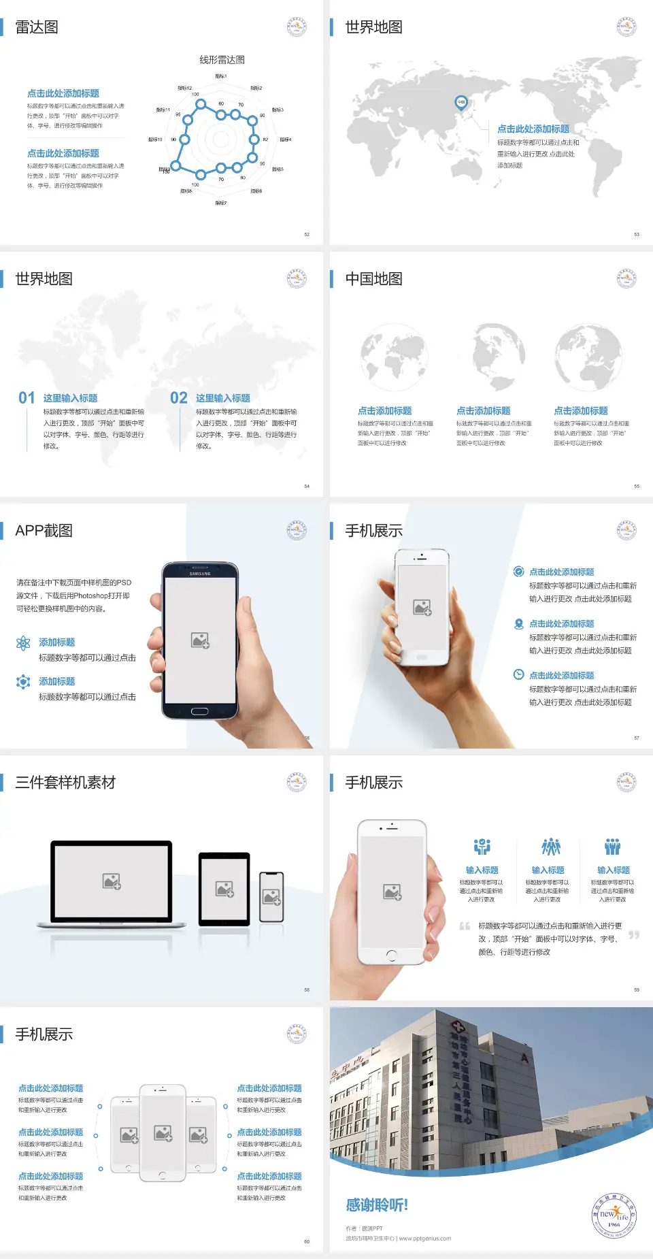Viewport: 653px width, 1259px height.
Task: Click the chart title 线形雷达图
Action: (x=222, y=60)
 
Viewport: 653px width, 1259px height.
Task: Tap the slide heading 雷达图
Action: (x=37, y=27)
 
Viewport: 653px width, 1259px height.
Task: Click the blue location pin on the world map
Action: (x=461, y=103)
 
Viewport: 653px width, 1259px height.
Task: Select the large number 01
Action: (x=27, y=398)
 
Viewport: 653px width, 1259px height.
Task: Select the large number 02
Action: (x=179, y=398)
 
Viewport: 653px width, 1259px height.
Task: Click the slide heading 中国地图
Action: (x=373, y=279)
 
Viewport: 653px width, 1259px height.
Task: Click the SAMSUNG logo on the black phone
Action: (x=200, y=574)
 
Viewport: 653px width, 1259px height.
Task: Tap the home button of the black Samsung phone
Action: (x=199, y=711)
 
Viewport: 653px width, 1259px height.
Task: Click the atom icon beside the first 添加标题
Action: (x=23, y=643)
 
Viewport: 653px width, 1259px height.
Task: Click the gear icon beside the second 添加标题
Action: (x=23, y=682)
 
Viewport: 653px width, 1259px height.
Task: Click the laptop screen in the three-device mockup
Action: (x=112, y=881)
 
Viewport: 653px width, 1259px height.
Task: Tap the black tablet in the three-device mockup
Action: (x=224, y=889)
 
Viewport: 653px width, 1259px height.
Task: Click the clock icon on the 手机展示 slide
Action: (x=518, y=674)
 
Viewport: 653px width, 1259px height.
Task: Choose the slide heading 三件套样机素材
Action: (x=65, y=783)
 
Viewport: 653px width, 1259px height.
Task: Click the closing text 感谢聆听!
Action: (x=377, y=1205)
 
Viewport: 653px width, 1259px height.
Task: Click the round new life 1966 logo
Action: (x=614, y=1215)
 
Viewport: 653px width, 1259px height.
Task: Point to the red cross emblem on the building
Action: (x=458, y=1026)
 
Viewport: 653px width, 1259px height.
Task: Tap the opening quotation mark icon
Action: (x=465, y=926)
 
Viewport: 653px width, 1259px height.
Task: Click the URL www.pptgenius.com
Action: (x=424, y=1239)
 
